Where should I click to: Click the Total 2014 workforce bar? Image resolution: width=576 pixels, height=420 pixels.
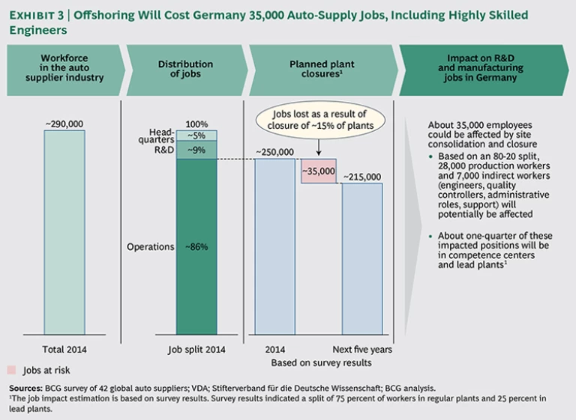point(64,232)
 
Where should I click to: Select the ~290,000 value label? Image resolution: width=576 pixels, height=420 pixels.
point(64,122)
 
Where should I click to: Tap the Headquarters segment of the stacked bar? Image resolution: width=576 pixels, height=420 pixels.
point(196,136)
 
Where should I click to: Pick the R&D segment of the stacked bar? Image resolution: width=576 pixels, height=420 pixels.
point(196,150)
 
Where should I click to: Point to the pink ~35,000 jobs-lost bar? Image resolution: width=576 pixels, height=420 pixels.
point(319,171)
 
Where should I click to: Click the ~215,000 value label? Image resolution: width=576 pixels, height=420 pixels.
point(362,177)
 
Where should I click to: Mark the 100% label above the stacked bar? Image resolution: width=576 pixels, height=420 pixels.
point(196,124)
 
